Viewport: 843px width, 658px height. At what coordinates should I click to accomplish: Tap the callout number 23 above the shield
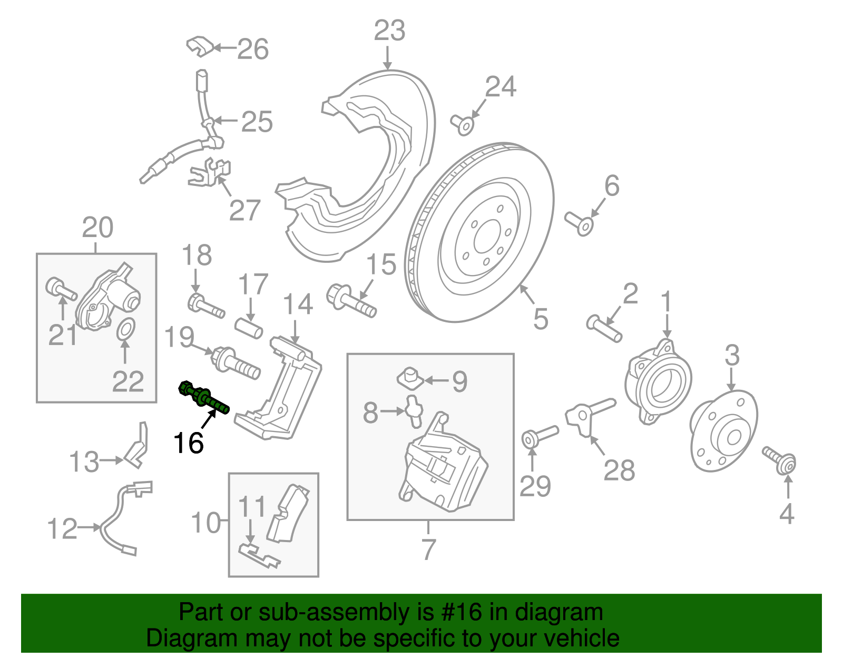click(x=389, y=31)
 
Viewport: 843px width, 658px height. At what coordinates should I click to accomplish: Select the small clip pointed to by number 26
click(x=200, y=46)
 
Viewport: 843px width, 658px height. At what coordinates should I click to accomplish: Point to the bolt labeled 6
click(x=579, y=223)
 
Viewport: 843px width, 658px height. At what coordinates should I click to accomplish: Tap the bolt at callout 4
click(x=779, y=460)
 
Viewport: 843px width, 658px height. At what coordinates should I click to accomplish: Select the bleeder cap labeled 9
click(x=408, y=379)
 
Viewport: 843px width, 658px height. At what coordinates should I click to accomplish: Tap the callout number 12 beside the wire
click(x=62, y=528)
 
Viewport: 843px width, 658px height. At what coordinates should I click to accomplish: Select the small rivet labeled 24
click(x=463, y=124)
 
